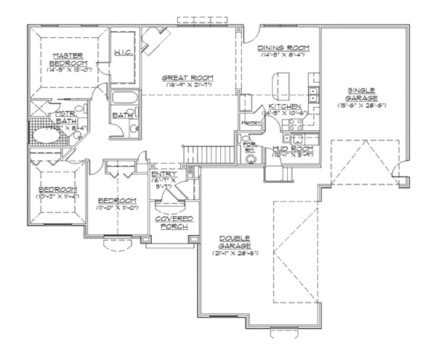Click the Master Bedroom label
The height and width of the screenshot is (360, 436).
tap(64, 59)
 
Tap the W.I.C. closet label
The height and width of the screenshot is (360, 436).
tap(123, 52)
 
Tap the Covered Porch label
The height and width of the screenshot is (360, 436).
tap(171, 223)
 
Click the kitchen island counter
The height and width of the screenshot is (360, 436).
tap(278, 85)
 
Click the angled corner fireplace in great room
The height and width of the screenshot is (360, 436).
tap(155, 41)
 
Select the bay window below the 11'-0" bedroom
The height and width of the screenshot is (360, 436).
tap(117, 248)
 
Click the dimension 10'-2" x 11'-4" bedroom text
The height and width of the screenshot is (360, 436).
tap(52, 196)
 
